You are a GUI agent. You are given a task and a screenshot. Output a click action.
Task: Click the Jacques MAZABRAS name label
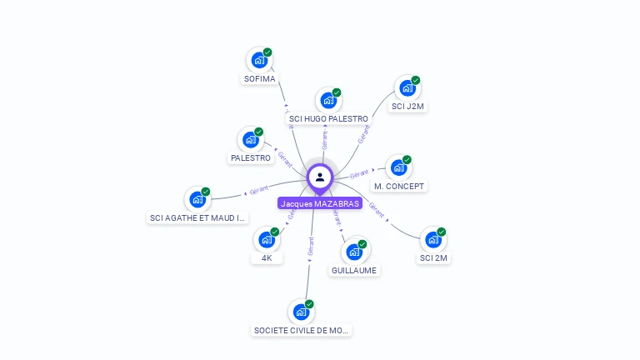pyautogui.click(x=320, y=203)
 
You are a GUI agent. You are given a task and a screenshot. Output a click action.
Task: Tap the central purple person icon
pyautogui.click(x=320, y=177)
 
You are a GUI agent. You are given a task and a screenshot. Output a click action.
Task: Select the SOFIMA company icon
pyautogui.click(x=259, y=60)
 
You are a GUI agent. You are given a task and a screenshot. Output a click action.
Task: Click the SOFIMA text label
pyautogui.click(x=259, y=79)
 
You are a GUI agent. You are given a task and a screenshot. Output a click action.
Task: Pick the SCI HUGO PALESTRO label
pyautogui.click(x=328, y=119)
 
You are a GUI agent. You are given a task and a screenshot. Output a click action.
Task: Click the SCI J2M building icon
pyautogui.click(x=407, y=87)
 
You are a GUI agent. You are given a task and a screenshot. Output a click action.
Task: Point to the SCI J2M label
pyautogui.click(x=408, y=107)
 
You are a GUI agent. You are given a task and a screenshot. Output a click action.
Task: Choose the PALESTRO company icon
pyautogui.click(x=250, y=139)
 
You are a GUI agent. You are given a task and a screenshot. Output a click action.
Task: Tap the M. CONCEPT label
pyautogui.click(x=399, y=186)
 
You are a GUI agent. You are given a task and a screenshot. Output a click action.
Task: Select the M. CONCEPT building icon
pyautogui.click(x=398, y=167)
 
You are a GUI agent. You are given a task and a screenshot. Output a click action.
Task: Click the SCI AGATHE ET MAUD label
pyautogui.click(x=197, y=218)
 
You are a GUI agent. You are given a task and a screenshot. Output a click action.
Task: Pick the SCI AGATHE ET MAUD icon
pyautogui.click(x=197, y=199)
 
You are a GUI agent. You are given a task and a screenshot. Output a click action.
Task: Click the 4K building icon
pyautogui.click(x=267, y=239)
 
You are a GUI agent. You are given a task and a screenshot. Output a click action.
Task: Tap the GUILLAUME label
pyautogui.click(x=354, y=270)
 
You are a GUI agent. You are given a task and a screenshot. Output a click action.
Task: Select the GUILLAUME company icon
pyautogui.click(x=354, y=251)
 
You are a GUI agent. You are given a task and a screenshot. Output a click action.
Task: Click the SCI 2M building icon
pyautogui.click(x=433, y=239)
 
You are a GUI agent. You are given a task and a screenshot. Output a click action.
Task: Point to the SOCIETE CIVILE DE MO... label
pyautogui.click(x=301, y=330)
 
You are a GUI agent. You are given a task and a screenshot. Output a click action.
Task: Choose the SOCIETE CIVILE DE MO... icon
pyautogui.click(x=301, y=312)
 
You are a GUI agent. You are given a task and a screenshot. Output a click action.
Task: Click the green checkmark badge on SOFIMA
pyautogui.click(x=267, y=52)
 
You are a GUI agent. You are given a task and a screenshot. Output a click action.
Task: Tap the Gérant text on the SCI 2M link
pyautogui.click(x=376, y=210)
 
